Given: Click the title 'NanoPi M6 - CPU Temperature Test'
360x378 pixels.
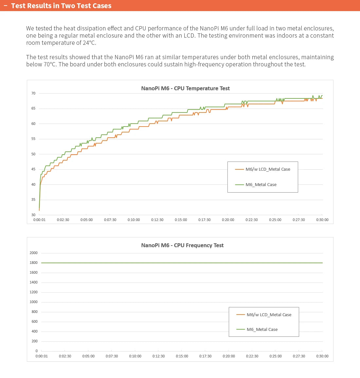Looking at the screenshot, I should [x=185, y=88].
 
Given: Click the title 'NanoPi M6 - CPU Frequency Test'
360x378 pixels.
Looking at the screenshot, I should [x=182, y=245].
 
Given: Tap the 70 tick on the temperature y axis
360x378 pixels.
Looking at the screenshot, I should [x=33, y=94].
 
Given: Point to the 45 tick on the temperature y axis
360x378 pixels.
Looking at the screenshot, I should [x=33, y=169].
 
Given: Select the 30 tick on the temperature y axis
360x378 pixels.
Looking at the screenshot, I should [x=33, y=215].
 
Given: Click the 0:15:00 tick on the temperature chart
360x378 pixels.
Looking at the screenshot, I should [x=181, y=220].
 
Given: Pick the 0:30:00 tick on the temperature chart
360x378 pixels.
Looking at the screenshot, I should [x=322, y=220].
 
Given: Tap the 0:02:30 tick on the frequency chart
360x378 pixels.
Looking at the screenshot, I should [x=65, y=356].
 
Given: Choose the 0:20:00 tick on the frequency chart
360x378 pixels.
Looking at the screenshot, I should [x=229, y=356].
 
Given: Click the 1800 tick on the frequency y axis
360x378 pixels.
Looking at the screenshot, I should [x=34, y=263].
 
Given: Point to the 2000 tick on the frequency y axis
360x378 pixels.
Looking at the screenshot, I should [x=34, y=253].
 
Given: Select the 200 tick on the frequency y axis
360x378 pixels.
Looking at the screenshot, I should [x=34, y=341].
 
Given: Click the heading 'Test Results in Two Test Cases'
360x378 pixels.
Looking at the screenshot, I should [x=61, y=6].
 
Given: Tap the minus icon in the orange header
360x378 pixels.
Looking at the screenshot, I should [x=5, y=6].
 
